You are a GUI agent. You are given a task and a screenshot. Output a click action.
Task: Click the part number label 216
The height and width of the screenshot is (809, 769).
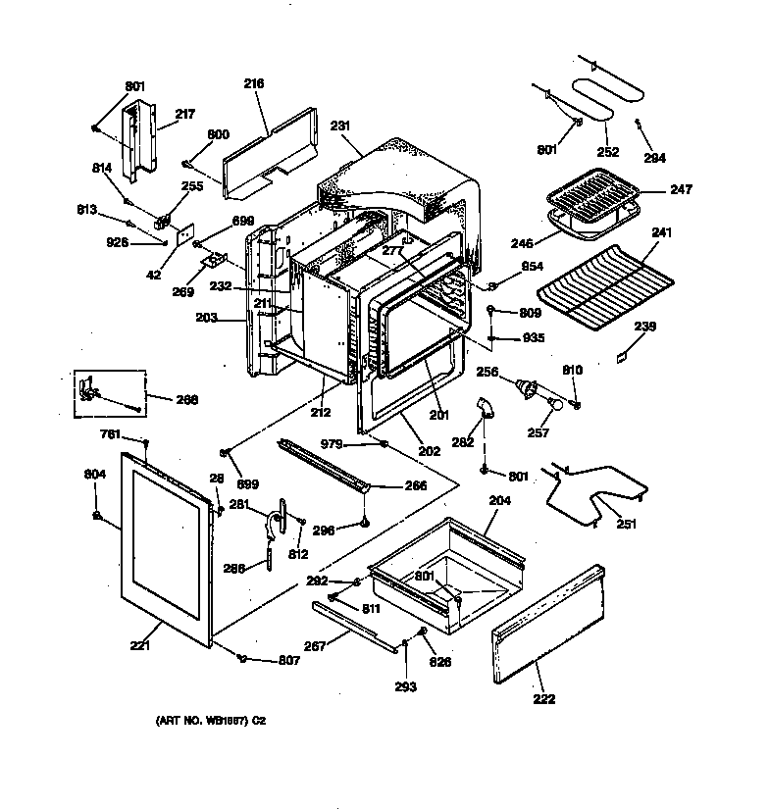pyautogui.click(x=254, y=84)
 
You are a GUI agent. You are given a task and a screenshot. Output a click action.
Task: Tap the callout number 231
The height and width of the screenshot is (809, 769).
pyautogui.click(x=340, y=126)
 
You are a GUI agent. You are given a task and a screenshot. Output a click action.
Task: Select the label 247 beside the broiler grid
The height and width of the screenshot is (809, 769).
pyautogui.click(x=681, y=189)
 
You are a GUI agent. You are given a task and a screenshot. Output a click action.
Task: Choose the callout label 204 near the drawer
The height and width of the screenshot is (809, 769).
pyautogui.click(x=499, y=499)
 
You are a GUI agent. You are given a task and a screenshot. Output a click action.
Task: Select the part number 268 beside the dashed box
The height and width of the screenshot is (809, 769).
pyautogui.click(x=187, y=399)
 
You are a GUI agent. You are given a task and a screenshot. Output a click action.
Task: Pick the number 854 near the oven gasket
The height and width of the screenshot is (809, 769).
pyautogui.click(x=533, y=268)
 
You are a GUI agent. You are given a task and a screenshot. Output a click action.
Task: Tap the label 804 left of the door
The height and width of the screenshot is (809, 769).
pyautogui.click(x=94, y=474)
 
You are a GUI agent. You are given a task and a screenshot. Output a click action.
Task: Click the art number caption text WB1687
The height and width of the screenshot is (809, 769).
pyautogui.click(x=211, y=721)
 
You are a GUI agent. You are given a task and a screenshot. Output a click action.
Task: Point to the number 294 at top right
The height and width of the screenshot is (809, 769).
pyautogui.click(x=654, y=157)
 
